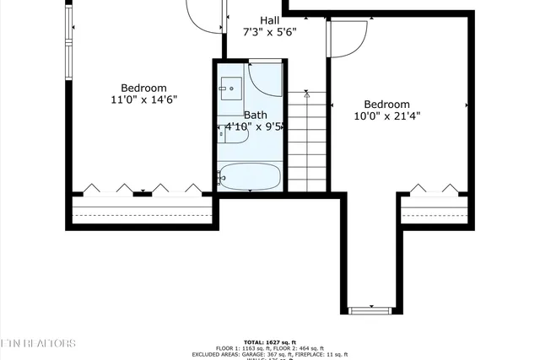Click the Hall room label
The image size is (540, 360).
click(x=270, y=20)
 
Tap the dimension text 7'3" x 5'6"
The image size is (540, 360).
click(x=270, y=33)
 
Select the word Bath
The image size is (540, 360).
click(x=256, y=115)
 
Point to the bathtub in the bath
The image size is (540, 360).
click(x=250, y=177)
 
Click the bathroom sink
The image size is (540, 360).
click(x=230, y=88)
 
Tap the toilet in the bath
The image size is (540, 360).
click(x=232, y=132)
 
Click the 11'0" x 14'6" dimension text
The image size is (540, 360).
click(x=144, y=99)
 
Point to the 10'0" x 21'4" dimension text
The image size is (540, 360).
click(x=386, y=117)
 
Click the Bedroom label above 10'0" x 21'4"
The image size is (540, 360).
click(x=386, y=105)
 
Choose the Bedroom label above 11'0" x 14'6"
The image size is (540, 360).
click(x=144, y=88)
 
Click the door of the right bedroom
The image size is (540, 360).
click(x=348, y=39)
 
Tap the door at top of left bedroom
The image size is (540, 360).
click(x=202, y=14)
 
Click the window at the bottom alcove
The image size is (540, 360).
click(x=371, y=310)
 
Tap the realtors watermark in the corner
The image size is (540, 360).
click(x=37, y=343)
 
